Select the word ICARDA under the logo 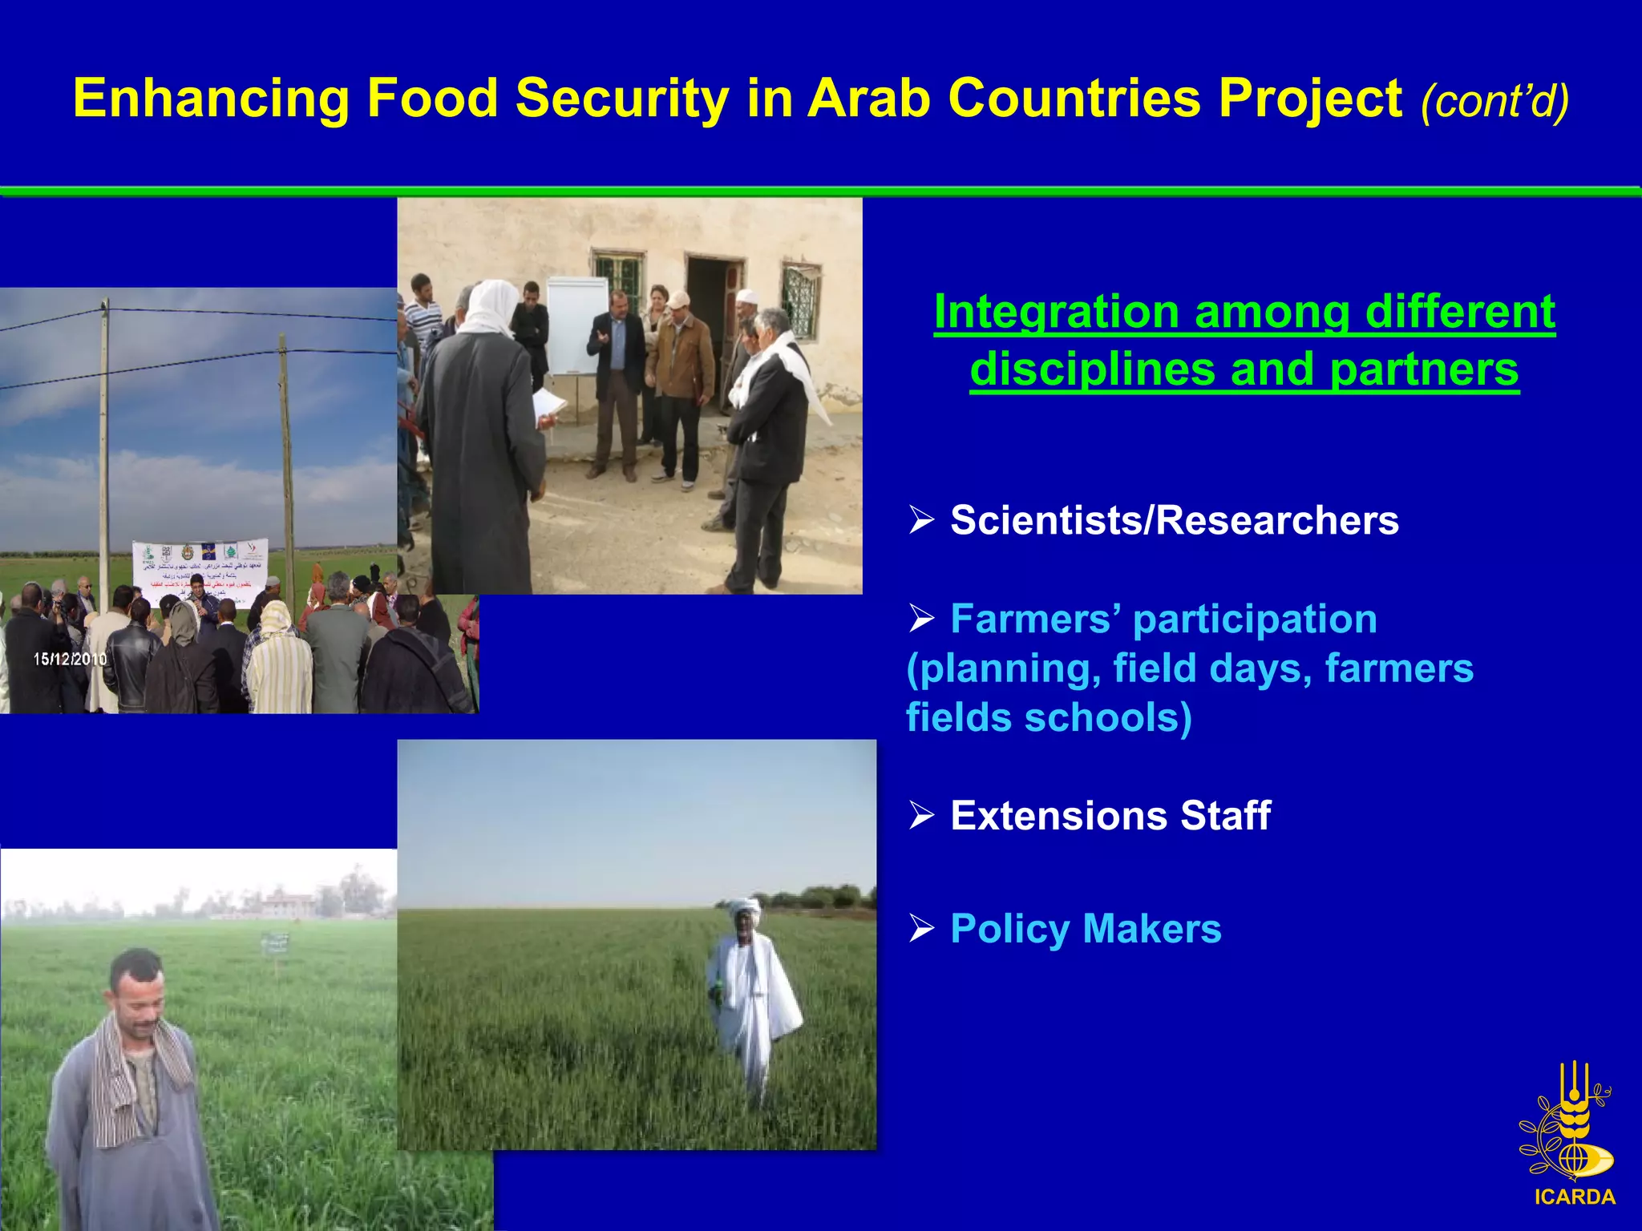point(1575,1197)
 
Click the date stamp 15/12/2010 point(70,659)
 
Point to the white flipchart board point(576,325)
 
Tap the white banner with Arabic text point(200,571)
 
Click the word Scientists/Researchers point(1174,520)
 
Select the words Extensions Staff point(1110,816)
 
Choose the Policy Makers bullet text point(1085,929)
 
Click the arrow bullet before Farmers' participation point(922,619)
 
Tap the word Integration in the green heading point(1056,312)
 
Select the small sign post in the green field point(275,946)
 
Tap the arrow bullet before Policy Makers point(922,929)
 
